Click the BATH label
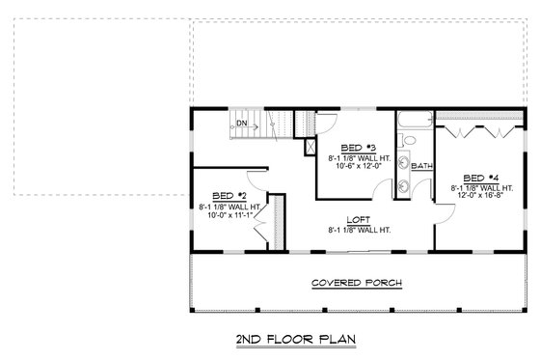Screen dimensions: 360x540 pos(421,166)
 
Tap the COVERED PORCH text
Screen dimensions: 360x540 pos(357,283)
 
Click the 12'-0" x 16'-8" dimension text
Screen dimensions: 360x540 pos(479,196)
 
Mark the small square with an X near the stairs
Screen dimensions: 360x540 pos(310,148)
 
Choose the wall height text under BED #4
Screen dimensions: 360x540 pos(479,187)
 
